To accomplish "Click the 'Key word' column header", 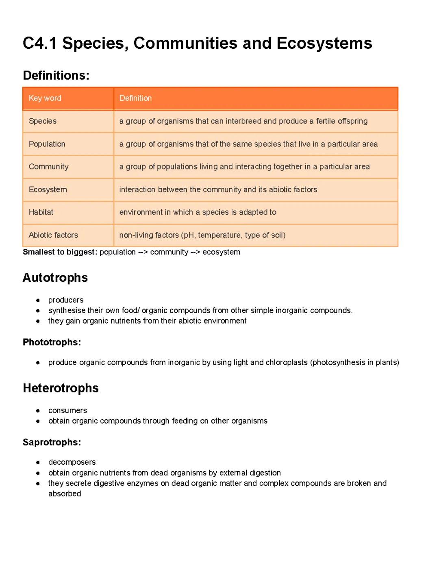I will [45, 98].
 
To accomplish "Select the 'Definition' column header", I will [135, 98].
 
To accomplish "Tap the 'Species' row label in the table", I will [43, 121].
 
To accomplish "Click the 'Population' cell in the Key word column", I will [47, 144].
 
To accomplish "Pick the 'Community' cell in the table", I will [48, 167].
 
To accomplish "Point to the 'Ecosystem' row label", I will [48, 189].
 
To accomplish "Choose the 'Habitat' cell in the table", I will [41, 212].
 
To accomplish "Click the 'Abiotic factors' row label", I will [53, 235].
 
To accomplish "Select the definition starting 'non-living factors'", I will [202, 235].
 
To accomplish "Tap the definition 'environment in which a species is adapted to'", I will [198, 212].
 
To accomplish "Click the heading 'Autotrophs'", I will [55, 278].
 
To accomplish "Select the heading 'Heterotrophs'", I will [61, 388].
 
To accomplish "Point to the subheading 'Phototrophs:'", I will [52, 342].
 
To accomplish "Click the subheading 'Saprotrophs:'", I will [52, 442].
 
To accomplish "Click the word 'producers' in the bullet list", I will [65, 300].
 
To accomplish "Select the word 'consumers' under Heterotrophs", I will [67, 411].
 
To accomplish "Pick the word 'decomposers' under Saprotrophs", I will [72, 462].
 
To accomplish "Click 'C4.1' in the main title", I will [39, 44].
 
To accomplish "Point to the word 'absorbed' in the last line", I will [65, 494].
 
